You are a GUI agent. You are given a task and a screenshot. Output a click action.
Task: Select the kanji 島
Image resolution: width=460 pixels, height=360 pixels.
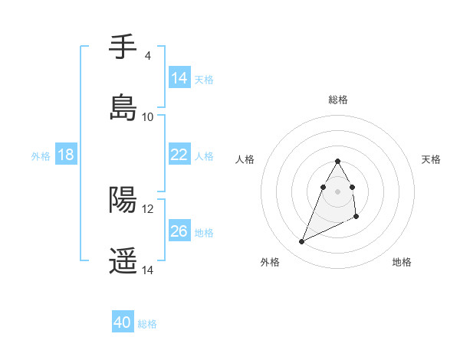(x=123, y=108)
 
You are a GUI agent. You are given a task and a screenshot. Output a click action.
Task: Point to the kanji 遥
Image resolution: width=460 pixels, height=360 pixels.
(x=123, y=261)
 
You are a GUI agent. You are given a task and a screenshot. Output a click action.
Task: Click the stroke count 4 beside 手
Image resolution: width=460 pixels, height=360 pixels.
(x=147, y=56)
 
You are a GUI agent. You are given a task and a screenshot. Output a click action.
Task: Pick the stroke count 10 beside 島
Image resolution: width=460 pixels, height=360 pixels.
(x=147, y=117)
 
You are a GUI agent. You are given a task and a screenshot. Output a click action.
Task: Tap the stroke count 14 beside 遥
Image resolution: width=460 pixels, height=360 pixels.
(x=147, y=270)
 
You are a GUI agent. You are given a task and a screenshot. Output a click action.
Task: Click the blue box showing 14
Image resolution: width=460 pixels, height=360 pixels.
(x=179, y=78)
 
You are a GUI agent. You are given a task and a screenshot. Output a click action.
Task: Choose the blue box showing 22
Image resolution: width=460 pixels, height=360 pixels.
(x=179, y=155)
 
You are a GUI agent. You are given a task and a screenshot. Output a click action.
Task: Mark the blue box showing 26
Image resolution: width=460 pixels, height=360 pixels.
(x=179, y=231)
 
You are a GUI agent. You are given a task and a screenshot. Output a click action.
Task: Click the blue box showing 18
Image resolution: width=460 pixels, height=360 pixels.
(x=66, y=155)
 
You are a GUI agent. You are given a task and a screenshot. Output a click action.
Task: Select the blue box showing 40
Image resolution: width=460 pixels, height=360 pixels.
(x=123, y=323)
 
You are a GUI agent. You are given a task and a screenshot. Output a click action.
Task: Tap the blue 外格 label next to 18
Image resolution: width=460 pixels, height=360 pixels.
(x=41, y=155)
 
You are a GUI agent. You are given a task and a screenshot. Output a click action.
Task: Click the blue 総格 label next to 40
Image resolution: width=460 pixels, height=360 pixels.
(x=147, y=324)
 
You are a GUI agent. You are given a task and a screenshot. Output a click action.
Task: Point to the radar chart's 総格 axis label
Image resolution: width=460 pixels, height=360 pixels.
(x=337, y=100)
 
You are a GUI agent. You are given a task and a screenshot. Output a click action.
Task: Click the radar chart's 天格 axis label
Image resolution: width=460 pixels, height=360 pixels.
(x=432, y=159)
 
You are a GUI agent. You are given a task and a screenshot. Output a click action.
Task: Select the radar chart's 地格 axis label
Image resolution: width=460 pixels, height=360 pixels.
(x=402, y=262)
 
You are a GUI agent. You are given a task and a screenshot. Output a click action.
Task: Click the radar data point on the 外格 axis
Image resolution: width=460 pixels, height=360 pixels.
(x=302, y=242)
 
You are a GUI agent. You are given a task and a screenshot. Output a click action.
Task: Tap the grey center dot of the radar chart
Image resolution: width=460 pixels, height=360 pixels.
(x=337, y=191)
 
